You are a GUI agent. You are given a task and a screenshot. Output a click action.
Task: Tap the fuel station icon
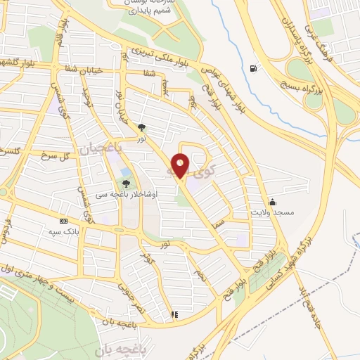[252, 68]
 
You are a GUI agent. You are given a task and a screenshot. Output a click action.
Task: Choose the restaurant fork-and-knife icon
[174, 314]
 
